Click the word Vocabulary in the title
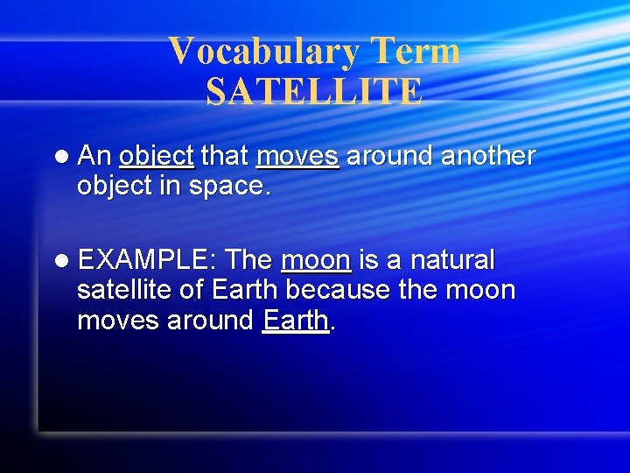tap(263, 52)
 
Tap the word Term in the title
tap(414, 52)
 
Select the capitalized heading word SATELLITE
tap(314, 92)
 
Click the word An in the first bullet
tap(94, 156)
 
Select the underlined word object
tap(156, 157)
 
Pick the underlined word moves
tap(297, 157)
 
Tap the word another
tap(487, 156)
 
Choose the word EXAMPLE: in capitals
tap(147, 260)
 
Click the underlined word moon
tap(316, 261)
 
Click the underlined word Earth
tap(296, 321)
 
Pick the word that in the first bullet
tap(225, 156)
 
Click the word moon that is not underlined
tap(479, 291)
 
